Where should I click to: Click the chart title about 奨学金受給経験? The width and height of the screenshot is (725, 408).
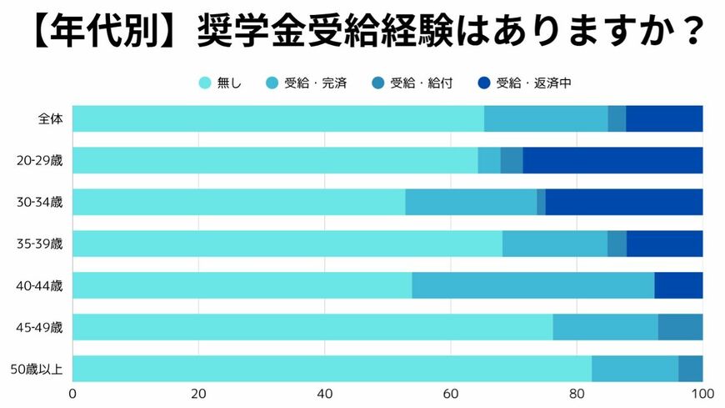(x=362, y=33)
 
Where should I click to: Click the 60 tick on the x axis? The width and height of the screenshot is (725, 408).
(x=451, y=394)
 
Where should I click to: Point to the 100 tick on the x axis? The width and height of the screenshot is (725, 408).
(x=702, y=394)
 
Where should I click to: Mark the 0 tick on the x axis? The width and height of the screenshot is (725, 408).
(x=73, y=394)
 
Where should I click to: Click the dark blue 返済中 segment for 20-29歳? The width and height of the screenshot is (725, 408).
(x=612, y=160)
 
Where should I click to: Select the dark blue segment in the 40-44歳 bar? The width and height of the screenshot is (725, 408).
(x=678, y=285)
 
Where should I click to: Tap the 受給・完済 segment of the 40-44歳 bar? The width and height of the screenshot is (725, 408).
(x=532, y=285)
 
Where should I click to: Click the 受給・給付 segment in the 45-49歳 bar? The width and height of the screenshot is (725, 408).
(x=680, y=327)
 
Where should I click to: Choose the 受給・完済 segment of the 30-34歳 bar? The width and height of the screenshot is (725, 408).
(x=471, y=202)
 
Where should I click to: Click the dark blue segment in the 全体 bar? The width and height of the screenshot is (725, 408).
(x=664, y=118)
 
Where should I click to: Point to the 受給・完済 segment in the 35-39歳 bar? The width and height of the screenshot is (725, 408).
(x=554, y=244)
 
